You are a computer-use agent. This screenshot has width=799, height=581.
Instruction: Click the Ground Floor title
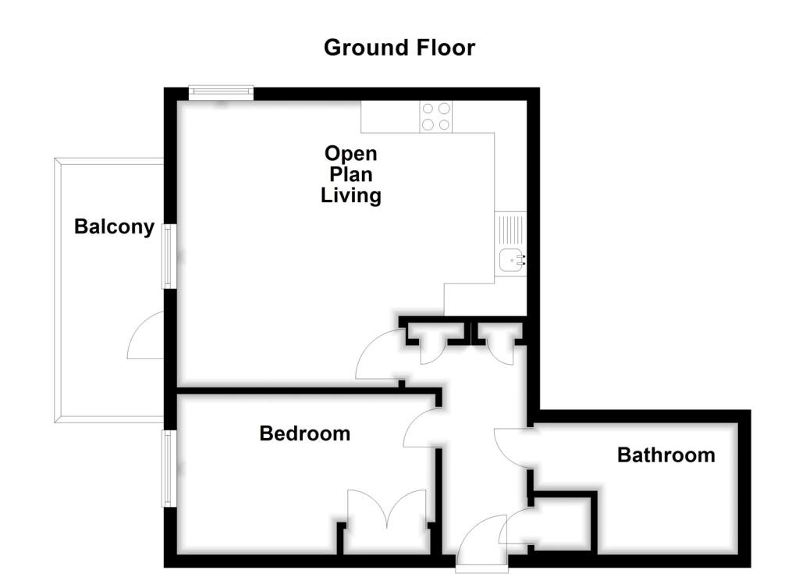coord(399,48)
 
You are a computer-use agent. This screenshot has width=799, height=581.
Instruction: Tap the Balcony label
coord(114,227)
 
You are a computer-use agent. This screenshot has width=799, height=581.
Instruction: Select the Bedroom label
coord(304,433)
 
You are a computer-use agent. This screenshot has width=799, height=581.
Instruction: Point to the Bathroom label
coord(666,454)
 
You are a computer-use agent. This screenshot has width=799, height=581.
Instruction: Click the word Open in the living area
coord(350,153)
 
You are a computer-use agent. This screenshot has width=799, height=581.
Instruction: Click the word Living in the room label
coord(351,195)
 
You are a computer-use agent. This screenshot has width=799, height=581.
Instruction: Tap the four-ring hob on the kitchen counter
coord(436,117)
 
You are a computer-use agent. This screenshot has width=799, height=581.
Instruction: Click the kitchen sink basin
coord(512,258)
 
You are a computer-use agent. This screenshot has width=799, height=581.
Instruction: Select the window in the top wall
coord(222,92)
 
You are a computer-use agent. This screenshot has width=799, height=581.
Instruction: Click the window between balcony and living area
coord(168,256)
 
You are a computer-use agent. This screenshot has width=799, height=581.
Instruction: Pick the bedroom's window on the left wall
coord(168,469)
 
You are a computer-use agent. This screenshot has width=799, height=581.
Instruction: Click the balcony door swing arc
coord(145,336)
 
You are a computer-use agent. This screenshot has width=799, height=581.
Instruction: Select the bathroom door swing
coord(513,449)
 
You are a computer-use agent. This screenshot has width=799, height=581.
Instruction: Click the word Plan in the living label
coord(351,174)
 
